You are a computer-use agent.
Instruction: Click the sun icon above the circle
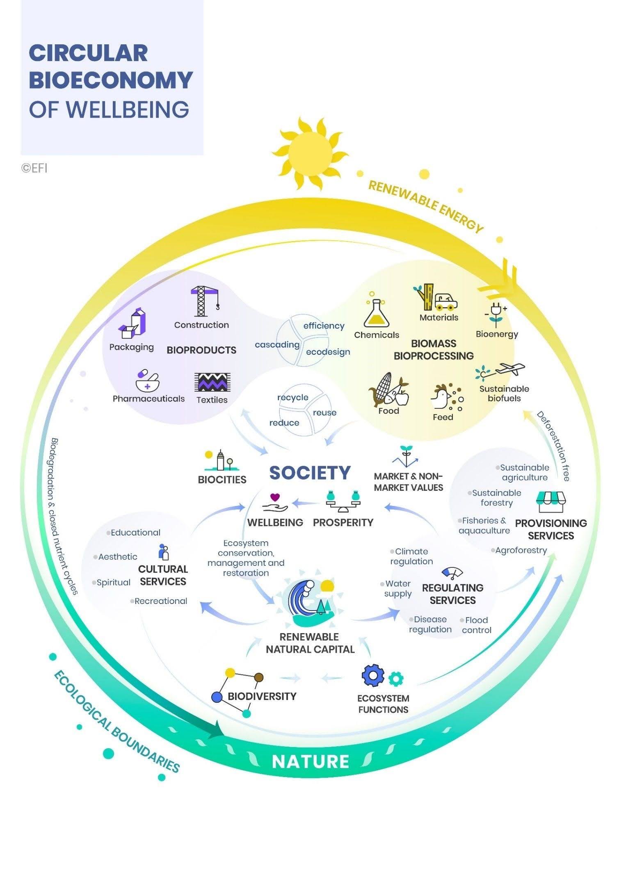[x=310, y=154]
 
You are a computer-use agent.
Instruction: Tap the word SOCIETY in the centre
[x=310, y=473]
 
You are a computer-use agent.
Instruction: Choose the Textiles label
[x=212, y=400]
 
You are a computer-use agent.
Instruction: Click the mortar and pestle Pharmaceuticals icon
[x=147, y=381]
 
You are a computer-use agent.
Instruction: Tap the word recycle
[x=292, y=397]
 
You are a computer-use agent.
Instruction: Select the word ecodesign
[x=328, y=352]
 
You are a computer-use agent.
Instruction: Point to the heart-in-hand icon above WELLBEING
[x=275, y=502]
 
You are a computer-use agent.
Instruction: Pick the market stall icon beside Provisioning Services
[x=551, y=502]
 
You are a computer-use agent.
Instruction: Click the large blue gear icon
[x=373, y=675]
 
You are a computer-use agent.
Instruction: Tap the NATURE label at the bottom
[x=310, y=761]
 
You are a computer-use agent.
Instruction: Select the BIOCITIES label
[x=222, y=480]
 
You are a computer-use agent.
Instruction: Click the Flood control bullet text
[x=476, y=625]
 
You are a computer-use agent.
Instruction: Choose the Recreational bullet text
[x=161, y=601]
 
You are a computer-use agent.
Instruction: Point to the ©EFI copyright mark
[x=34, y=168]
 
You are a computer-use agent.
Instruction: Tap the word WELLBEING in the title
[x=127, y=109]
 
